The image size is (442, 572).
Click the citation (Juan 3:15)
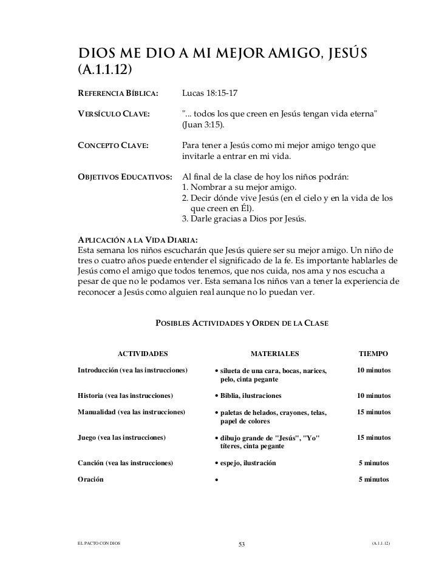pyautogui.click(x=203, y=126)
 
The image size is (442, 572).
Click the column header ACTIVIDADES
pyautogui.click(x=142, y=353)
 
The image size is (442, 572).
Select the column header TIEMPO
pyautogui.click(x=374, y=353)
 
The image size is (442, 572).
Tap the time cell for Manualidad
pyautogui.click(x=374, y=412)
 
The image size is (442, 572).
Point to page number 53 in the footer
pyautogui.click(x=241, y=543)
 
